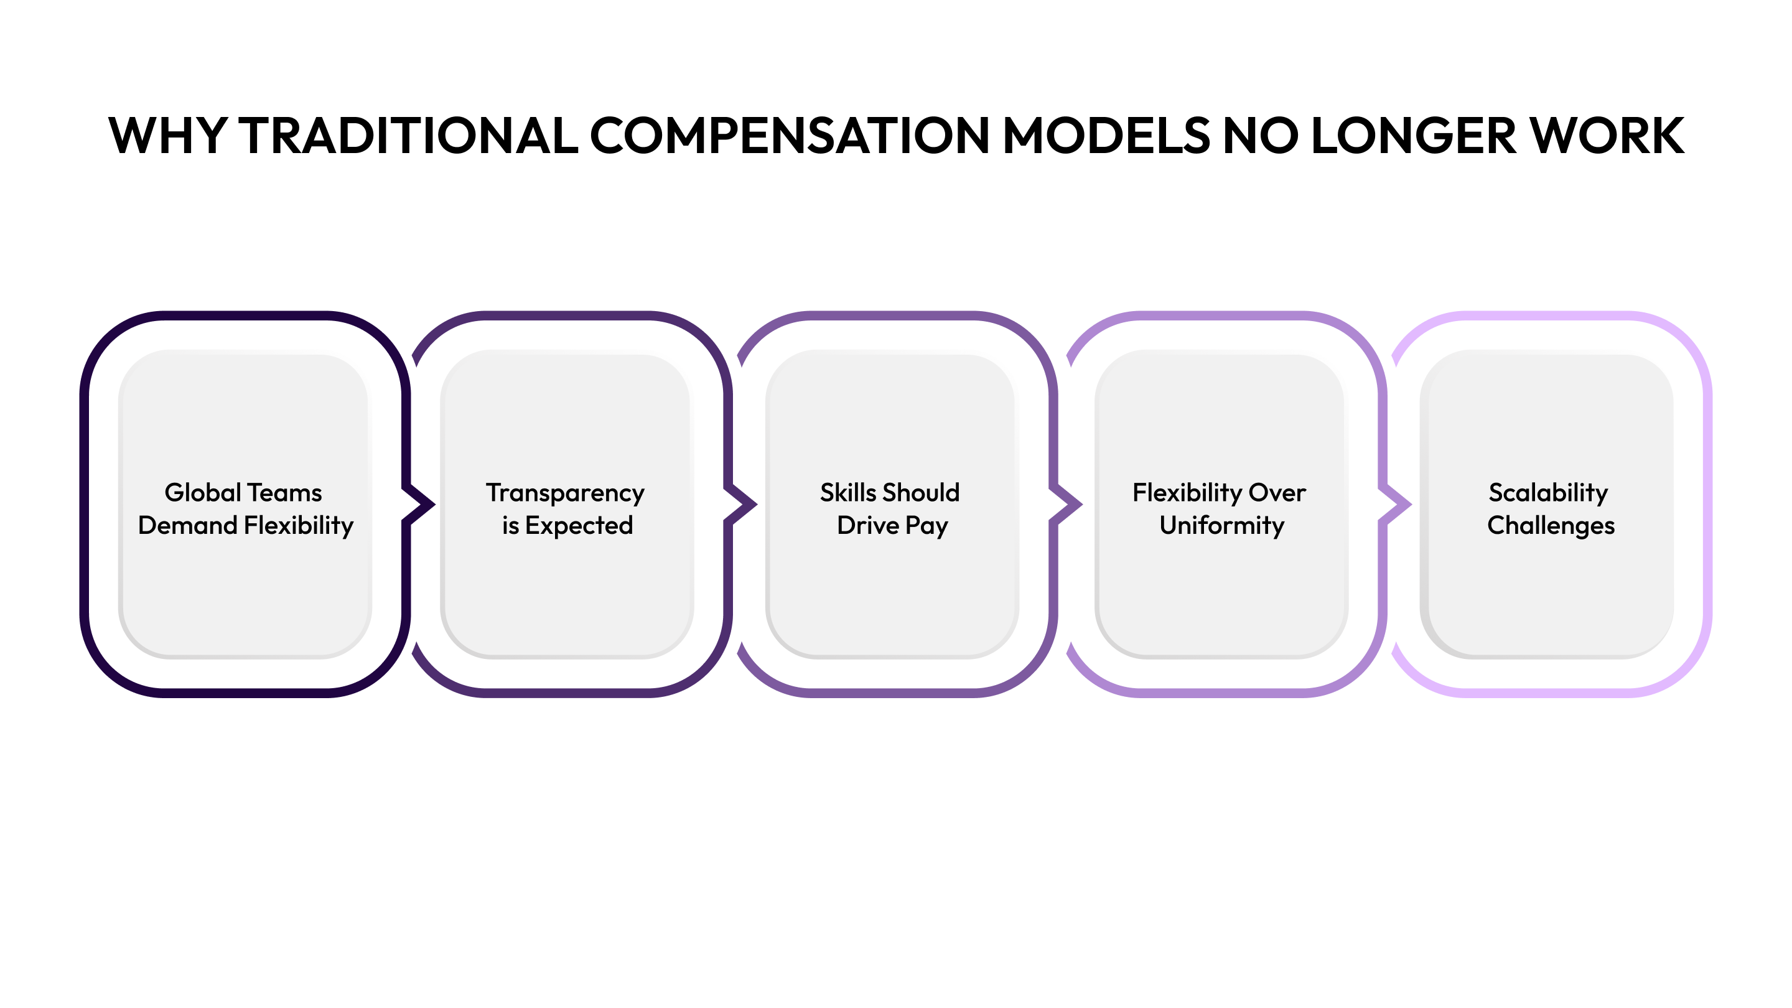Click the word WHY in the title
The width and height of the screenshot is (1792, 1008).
[167, 136]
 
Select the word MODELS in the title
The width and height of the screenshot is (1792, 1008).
[1106, 136]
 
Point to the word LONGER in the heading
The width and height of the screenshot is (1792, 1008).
[1412, 136]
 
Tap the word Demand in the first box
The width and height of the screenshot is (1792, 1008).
[187, 525]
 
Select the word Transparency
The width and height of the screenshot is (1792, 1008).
[565, 493]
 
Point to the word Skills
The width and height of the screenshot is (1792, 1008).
[848, 493]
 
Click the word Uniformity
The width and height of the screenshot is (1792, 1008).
[1221, 526]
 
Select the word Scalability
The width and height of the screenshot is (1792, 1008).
[1548, 493]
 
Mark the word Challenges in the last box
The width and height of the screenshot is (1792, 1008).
[1551, 526]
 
